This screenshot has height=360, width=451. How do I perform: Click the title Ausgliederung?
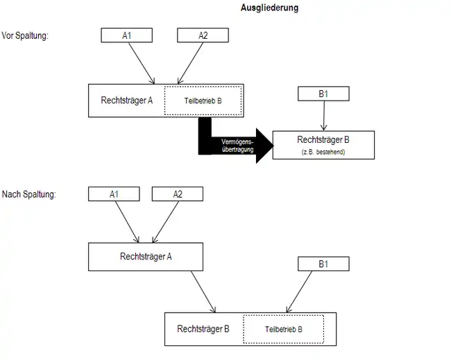pyautogui.click(x=269, y=8)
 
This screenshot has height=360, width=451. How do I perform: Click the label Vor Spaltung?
pyautogui.click(x=25, y=35)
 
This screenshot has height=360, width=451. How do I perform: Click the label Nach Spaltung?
pyautogui.click(x=28, y=194)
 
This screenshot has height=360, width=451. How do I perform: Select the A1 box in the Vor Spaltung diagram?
pyautogui.click(x=127, y=35)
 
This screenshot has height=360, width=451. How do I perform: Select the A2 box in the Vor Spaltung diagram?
pyautogui.click(x=203, y=35)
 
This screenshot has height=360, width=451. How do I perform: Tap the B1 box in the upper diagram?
pyautogui.click(x=323, y=92)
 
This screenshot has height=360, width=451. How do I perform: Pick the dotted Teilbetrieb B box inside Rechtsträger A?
pyautogui.click(x=203, y=101)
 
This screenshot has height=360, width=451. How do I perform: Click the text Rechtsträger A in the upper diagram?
pyautogui.click(x=128, y=100)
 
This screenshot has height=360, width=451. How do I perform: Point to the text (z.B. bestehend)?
pyautogui.click(x=323, y=151)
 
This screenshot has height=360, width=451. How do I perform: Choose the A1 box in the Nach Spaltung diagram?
pyautogui.click(x=114, y=194)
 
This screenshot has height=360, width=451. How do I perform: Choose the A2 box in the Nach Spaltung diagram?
pyautogui.click(x=178, y=194)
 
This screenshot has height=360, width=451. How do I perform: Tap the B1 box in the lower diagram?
pyautogui.click(x=323, y=264)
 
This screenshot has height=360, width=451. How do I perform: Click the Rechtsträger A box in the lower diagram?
pyautogui.click(x=146, y=257)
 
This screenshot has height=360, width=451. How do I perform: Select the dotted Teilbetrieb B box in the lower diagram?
pyautogui.click(x=283, y=329)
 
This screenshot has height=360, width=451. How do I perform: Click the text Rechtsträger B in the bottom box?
pyautogui.click(x=203, y=328)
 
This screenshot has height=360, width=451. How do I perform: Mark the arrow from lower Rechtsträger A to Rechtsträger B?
pyautogui.click(x=203, y=291)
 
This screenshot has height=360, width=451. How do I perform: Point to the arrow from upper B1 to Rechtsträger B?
pyautogui.click(x=323, y=115)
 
